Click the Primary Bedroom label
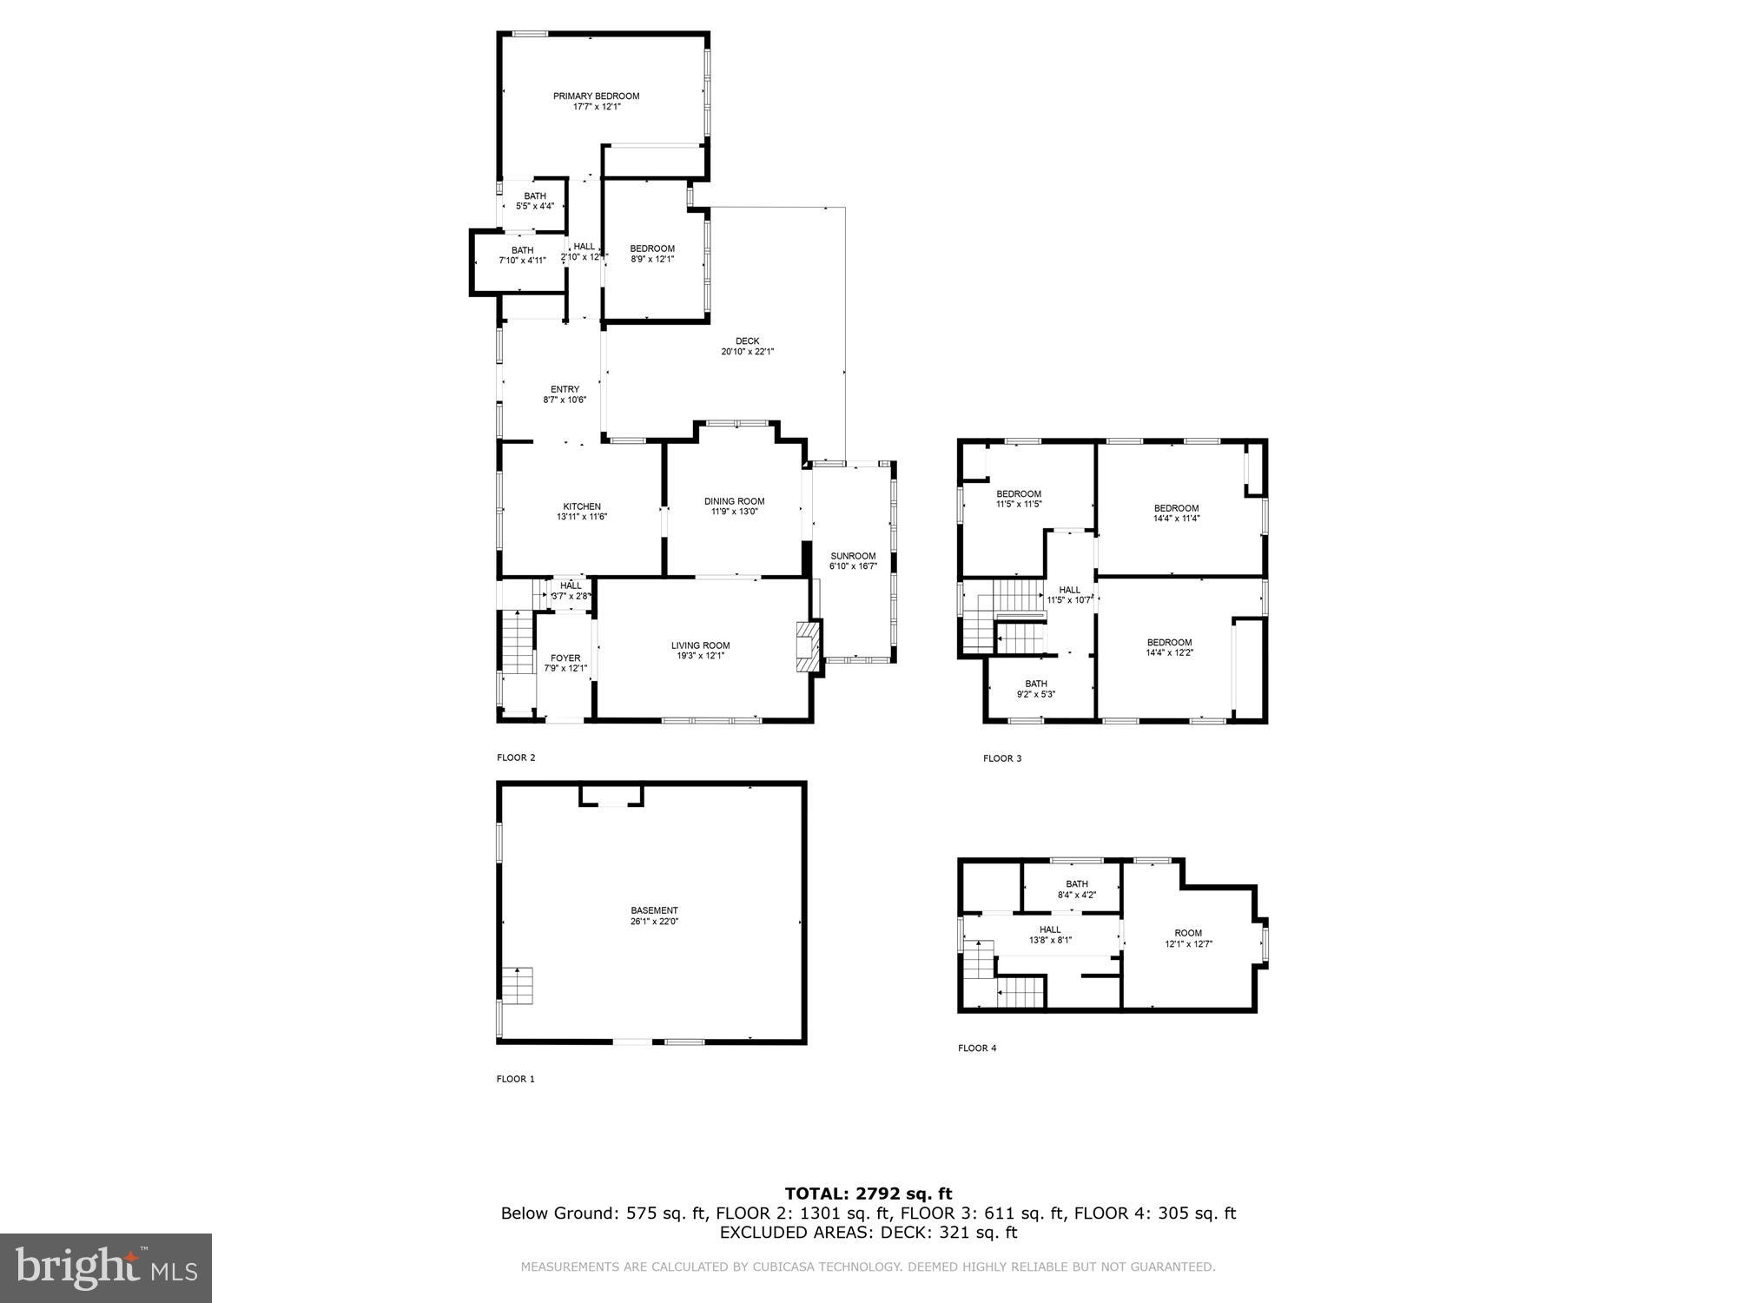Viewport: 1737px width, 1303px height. coord(596,96)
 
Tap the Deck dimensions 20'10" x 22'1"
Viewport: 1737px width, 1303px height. coord(747,353)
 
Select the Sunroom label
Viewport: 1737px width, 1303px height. coord(853,556)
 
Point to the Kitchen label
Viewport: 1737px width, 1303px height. coord(581,506)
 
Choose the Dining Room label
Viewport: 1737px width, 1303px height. coord(734,501)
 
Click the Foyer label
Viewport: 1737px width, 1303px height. coord(565,658)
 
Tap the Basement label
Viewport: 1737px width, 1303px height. coord(654,910)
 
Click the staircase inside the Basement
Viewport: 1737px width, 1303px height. coord(517,985)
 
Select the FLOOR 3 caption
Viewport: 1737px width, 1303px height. coord(1001,758)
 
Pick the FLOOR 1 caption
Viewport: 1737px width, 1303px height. coord(515,1079)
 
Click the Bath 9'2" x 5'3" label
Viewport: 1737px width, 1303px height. coord(1035,684)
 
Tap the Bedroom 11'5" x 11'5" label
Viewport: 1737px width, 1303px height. coord(1018,494)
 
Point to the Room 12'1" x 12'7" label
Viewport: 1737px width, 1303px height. coord(1188,933)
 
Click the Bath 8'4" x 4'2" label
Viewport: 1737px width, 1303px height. coord(1076,884)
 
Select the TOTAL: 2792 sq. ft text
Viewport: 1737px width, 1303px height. coord(868,1194)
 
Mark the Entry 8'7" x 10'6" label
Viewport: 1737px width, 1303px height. coord(565,389)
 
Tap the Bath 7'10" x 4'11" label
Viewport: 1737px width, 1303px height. coord(522,250)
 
